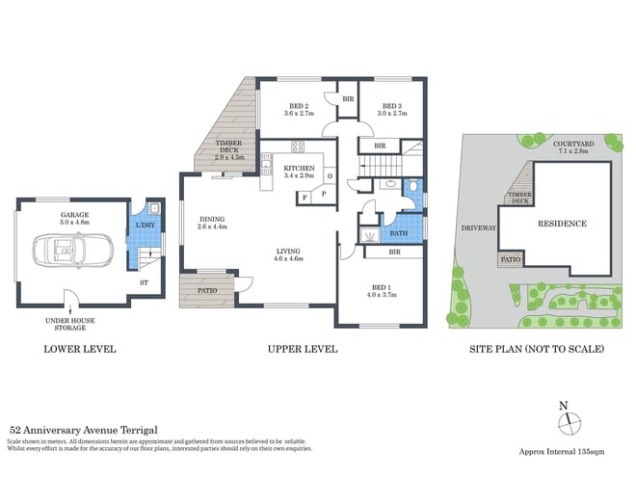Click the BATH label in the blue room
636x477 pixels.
coord(397,233)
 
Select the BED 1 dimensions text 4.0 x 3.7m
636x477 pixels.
coord(384,294)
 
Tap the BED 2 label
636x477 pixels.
coord(298,106)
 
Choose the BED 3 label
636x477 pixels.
coord(392,106)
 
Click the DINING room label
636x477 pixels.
coord(212,219)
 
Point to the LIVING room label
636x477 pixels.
coord(289,250)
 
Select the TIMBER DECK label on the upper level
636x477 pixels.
coord(229,146)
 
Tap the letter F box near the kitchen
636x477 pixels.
coord(305,197)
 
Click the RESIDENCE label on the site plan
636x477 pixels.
coord(562,224)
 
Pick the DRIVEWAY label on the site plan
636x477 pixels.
coord(479,228)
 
